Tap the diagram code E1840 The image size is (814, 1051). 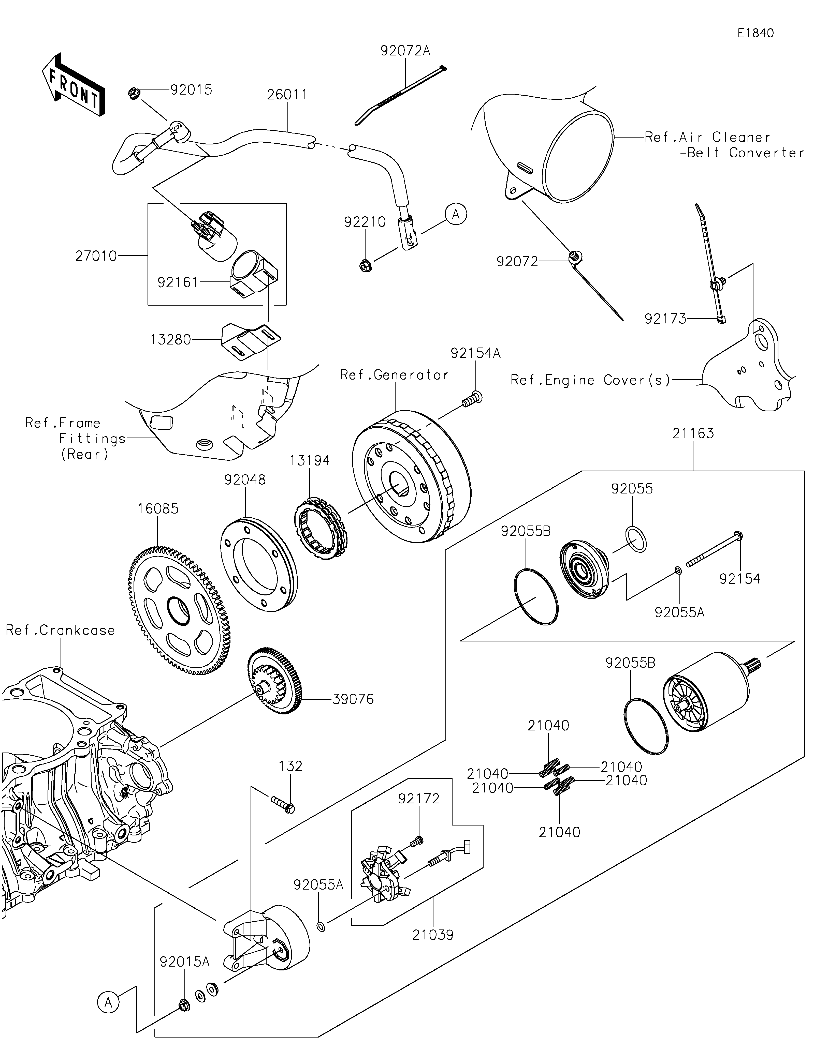tap(756, 33)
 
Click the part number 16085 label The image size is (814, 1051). tap(158, 509)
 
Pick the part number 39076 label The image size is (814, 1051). tap(353, 699)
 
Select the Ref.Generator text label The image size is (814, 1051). tap(394, 375)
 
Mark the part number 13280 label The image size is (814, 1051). tap(170, 340)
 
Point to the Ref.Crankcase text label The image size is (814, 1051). tap(61, 630)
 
